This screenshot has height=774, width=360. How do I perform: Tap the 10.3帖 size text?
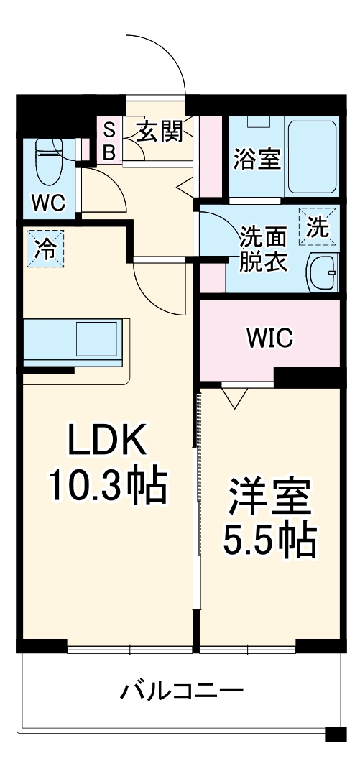click(108, 486)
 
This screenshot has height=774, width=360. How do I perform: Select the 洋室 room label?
click(269, 496)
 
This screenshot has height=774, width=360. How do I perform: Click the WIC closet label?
click(269, 337)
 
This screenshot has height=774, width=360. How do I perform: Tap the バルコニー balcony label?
click(181, 692)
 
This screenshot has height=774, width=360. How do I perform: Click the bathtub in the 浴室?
click(313, 156)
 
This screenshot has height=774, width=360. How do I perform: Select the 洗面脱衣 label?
click(263, 249)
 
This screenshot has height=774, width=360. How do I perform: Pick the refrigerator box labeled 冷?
click(45, 249)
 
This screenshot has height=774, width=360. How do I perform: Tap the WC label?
click(47, 202)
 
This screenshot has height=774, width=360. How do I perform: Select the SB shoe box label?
click(109, 142)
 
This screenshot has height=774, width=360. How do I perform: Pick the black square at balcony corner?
click(335, 734)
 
